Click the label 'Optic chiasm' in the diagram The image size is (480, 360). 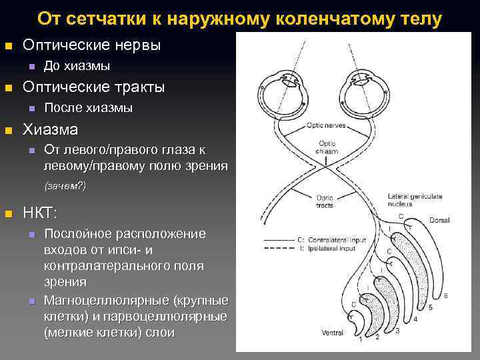coord(327,147)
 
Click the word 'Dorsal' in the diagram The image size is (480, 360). coord(439,220)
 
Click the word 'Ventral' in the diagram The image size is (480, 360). coord(332,332)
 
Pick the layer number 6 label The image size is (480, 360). coord(445,295)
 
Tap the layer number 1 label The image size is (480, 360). coord(361,339)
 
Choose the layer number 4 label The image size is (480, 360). coord(415,319)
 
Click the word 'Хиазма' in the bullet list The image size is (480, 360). coord(51,129)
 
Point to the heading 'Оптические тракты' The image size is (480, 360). coord(93,87)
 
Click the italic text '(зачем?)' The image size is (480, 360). coord(65,185)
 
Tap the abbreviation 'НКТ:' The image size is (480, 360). coord(41,213)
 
